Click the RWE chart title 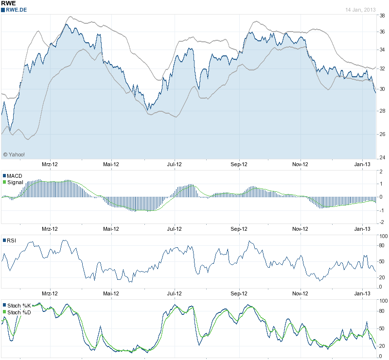click(x=9, y=3)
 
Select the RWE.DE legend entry click(x=16, y=10)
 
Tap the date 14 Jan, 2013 click(x=360, y=10)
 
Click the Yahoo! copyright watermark click(x=14, y=154)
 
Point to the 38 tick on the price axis click(x=382, y=16)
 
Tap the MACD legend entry click(x=15, y=175)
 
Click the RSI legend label click(x=11, y=240)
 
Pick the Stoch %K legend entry click(x=18, y=305)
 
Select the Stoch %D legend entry click(x=18, y=312)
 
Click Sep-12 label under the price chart click(x=239, y=164)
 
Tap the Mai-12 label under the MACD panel click(x=111, y=228)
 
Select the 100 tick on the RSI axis click(x=383, y=236)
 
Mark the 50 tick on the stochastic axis click(x=382, y=329)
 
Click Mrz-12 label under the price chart click(x=50, y=164)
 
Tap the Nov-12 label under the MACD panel click(x=301, y=228)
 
